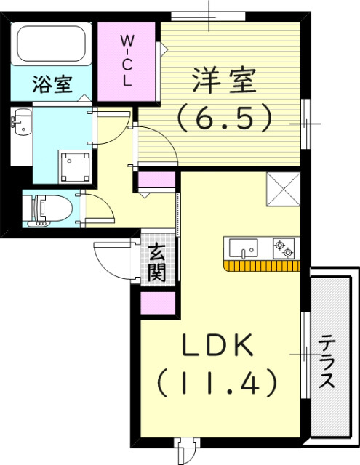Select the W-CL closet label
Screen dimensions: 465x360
(127, 59)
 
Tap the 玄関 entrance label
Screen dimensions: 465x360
(157, 263)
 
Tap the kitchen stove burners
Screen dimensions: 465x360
(284, 248)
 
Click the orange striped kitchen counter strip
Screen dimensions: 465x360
(263, 265)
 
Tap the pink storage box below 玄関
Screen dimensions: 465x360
(156, 302)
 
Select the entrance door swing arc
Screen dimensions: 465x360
(113, 258)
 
